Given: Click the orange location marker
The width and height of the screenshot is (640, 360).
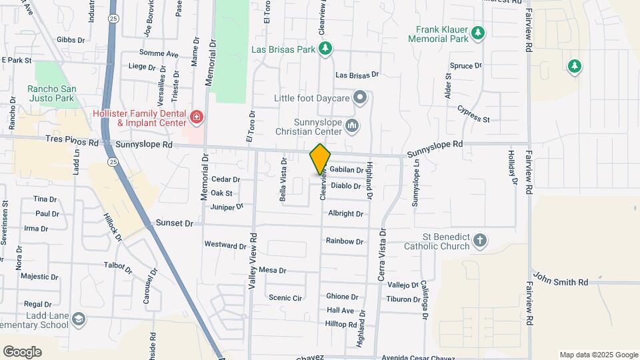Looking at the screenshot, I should click(x=320, y=159).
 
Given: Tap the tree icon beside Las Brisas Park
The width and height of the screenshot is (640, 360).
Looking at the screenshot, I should click(x=325, y=48).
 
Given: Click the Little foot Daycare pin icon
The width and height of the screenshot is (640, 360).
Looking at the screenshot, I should click(x=361, y=98).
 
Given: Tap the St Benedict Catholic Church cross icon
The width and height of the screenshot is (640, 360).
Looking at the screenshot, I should click(x=479, y=241).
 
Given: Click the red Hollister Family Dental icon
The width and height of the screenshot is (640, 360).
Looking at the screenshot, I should click(x=196, y=118).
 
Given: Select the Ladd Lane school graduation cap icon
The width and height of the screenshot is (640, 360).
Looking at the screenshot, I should click(x=79, y=319).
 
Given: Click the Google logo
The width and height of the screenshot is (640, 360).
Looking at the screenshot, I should click(x=22, y=352).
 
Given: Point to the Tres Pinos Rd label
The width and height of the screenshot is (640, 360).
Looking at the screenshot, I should click(x=73, y=143).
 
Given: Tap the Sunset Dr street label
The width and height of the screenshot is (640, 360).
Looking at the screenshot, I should click(x=175, y=223).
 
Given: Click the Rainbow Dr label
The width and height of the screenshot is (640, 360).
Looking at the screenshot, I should click(x=345, y=241).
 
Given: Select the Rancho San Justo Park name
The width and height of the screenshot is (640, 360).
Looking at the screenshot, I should click(x=51, y=94).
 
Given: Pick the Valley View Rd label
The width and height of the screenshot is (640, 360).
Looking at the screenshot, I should click(x=253, y=261).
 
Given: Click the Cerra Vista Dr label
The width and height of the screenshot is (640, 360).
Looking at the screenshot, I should click(x=383, y=254).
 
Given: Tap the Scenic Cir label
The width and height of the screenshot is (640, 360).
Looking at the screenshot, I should click(x=285, y=298).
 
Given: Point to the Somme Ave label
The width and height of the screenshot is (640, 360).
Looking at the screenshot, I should click(x=159, y=53).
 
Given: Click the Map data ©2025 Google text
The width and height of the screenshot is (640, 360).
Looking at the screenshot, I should click(x=599, y=355).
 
